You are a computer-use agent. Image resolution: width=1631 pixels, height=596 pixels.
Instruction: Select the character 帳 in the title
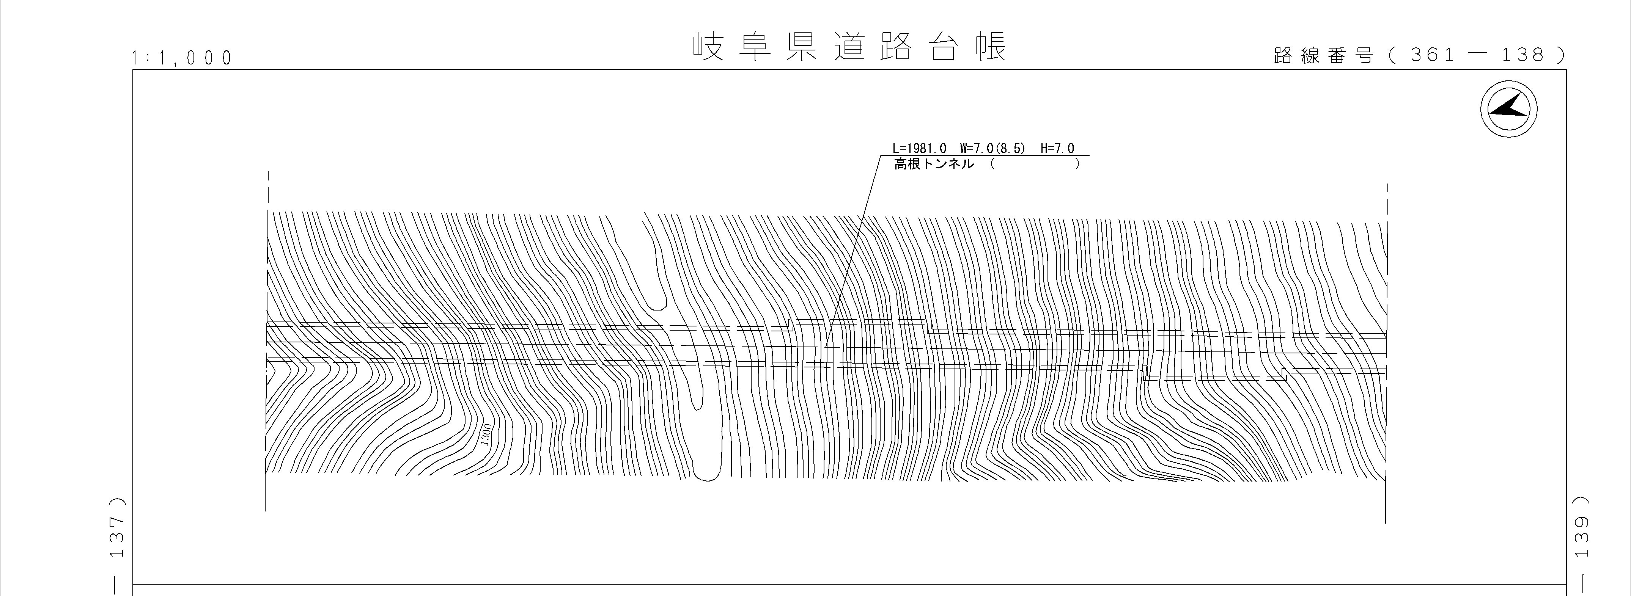[x=991, y=46]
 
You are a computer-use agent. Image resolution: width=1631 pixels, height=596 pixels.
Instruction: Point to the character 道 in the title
[x=849, y=46]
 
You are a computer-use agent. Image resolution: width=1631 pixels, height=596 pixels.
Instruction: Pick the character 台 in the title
[x=944, y=46]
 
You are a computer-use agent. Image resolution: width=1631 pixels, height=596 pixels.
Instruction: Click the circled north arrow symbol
[x=1509, y=109]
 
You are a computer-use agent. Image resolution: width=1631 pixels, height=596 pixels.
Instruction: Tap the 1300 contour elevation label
[x=486, y=435]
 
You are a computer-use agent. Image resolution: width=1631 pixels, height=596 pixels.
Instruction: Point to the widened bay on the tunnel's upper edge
[x=861, y=322]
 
